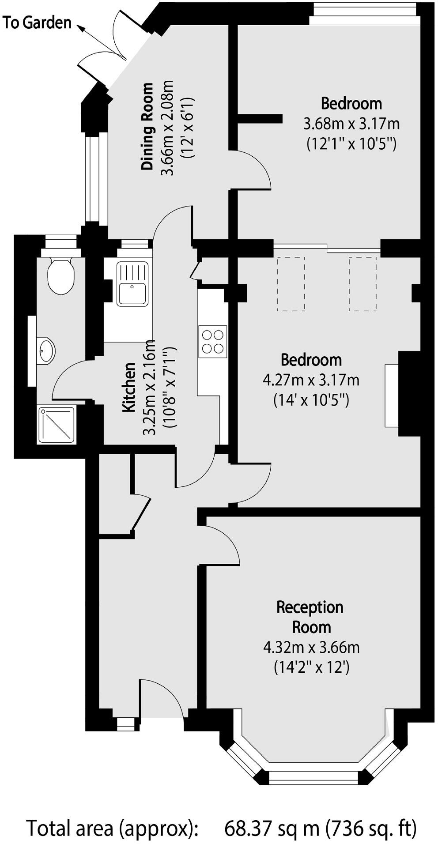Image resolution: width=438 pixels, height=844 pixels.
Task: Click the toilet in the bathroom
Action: coord(61,276)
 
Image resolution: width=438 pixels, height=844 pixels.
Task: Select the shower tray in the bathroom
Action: coord(57,425)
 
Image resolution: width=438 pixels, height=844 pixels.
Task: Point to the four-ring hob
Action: coord(213,342)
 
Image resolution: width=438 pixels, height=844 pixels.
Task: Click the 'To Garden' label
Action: coord(37,23)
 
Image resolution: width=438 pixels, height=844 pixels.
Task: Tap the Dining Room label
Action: coord(147,126)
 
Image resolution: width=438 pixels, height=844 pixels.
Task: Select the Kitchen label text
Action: coord(129,388)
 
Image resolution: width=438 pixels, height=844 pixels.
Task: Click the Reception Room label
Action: coord(310,617)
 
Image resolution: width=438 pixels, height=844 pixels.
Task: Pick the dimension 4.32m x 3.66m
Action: coord(311,648)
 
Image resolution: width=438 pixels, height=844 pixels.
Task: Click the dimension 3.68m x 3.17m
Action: coord(351,124)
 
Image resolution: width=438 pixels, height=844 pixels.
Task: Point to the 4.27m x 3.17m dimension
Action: coord(311,380)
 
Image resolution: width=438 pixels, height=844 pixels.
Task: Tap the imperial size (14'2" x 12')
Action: coord(311,667)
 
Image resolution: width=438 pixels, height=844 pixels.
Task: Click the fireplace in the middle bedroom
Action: coord(392,396)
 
